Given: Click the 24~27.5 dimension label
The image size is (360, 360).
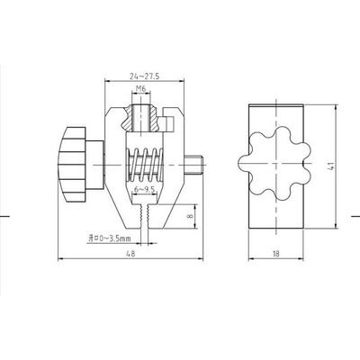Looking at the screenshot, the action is pyautogui.click(x=144, y=76).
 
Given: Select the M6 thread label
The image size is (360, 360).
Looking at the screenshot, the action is pyautogui.click(x=140, y=89).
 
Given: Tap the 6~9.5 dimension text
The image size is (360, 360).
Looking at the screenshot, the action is pyautogui.click(x=145, y=189).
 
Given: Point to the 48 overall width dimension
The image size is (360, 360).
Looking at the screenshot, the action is pyautogui.click(x=130, y=254).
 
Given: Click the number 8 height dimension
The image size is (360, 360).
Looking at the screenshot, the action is pyautogui.click(x=192, y=216).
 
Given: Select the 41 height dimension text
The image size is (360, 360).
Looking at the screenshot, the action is pyautogui.click(x=331, y=166).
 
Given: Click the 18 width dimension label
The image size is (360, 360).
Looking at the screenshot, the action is pyautogui.click(x=276, y=254).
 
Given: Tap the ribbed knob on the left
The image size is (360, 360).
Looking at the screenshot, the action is pyautogui.click(x=73, y=165).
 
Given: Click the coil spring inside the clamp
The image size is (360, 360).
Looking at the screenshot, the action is pyautogui.click(x=145, y=165).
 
